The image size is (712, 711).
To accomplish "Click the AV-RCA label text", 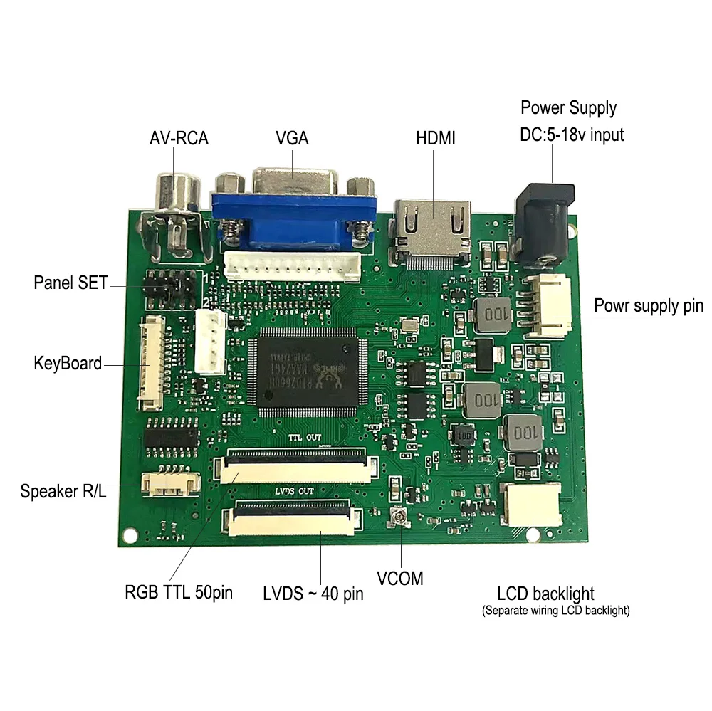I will [x=179, y=138].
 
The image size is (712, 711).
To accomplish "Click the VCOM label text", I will [x=400, y=578].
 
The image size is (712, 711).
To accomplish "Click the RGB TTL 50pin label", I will [x=179, y=592].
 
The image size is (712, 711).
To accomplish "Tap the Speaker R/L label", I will [x=63, y=490].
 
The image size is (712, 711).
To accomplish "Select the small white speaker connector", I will [x=169, y=485].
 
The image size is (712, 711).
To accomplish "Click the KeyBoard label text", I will [x=68, y=363].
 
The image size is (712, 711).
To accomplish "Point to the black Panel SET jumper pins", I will [x=169, y=286].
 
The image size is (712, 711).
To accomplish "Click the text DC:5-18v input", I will [x=572, y=134].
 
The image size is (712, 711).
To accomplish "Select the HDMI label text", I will [x=435, y=138].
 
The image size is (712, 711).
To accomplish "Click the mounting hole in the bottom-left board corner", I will [x=129, y=533].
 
